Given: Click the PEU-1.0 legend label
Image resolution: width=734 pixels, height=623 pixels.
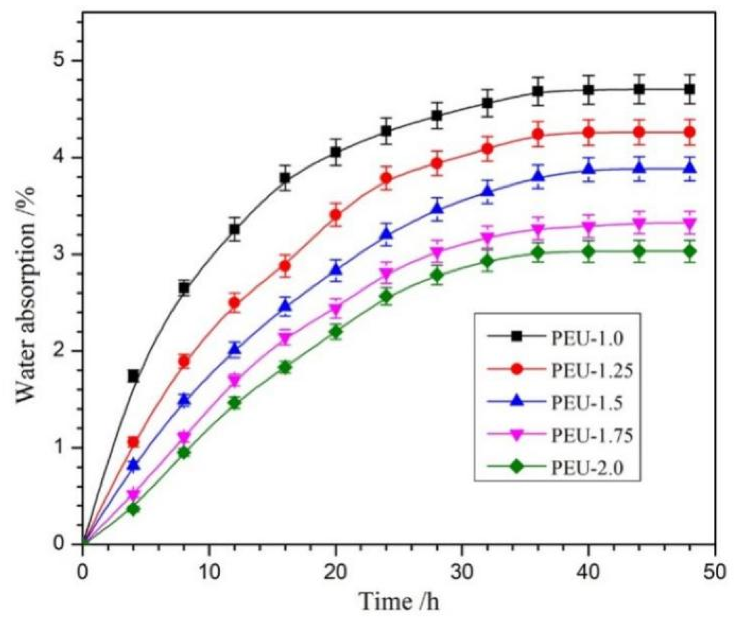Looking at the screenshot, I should pos(587,338).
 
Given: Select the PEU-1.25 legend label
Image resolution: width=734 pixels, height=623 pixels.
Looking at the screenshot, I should pos(592,370).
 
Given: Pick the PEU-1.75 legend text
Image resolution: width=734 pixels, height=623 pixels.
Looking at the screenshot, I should pos(592,435).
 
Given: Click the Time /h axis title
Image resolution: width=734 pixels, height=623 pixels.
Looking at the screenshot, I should pos(399,602).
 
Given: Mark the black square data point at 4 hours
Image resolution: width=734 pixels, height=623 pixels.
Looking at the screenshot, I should pos(133,376).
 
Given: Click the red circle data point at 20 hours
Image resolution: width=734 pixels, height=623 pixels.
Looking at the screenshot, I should pos(336,215).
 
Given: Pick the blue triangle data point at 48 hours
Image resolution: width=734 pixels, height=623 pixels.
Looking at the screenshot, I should pos(689,169).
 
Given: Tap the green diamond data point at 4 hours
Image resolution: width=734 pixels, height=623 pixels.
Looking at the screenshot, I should pos(133,509).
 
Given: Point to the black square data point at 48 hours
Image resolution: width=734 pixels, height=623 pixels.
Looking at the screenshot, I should pos(689,89).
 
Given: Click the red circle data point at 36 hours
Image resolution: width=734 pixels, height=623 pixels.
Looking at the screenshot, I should pos(538,134).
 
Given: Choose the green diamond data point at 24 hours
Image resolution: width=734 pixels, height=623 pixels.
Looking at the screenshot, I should pos(386,297).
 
